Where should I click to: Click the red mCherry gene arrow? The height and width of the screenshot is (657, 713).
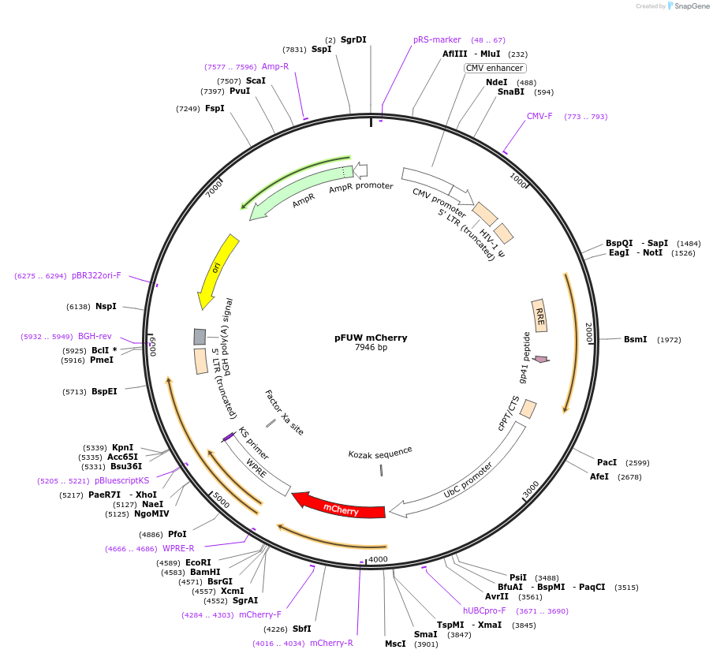[x=339, y=507]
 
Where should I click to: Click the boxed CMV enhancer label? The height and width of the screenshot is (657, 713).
[x=495, y=68]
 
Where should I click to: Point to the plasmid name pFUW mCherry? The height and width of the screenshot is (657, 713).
[x=371, y=338]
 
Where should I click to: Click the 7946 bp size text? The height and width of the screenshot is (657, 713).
[x=371, y=348]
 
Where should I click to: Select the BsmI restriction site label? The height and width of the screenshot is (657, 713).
[x=635, y=340]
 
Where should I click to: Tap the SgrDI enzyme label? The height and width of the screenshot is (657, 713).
[x=353, y=39]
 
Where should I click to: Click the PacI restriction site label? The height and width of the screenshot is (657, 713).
[x=607, y=463]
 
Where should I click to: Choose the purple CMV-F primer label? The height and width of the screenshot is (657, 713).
[x=539, y=117]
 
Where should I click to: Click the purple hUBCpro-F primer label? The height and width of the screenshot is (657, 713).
[x=487, y=610]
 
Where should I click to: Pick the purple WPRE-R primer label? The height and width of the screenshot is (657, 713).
[x=178, y=548]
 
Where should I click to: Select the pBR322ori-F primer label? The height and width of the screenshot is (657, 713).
[x=96, y=276]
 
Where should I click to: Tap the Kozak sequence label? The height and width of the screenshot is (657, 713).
[x=380, y=452]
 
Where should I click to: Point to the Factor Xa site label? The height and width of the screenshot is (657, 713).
[x=284, y=412]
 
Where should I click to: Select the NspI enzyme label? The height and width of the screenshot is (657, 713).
[x=106, y=306]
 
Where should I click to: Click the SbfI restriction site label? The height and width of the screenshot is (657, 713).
[x=301, y=629]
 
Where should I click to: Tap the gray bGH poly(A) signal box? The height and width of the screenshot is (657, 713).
[x=200, y=337]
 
